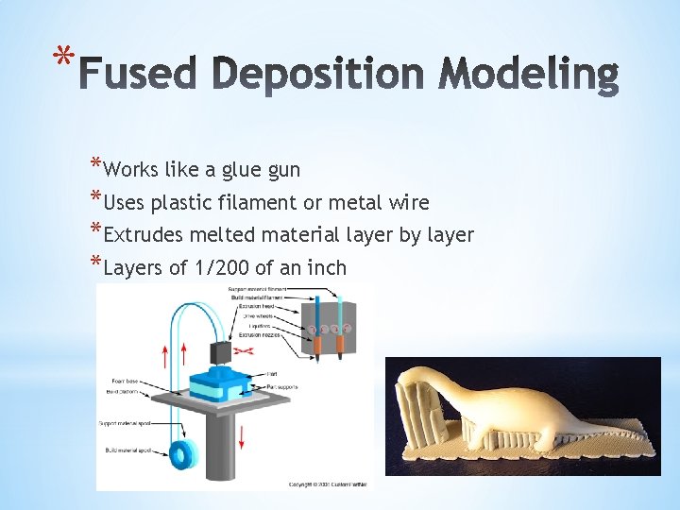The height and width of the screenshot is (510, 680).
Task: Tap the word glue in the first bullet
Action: tap(244, 170)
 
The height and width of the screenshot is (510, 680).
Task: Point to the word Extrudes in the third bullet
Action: tap(142, 234)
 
